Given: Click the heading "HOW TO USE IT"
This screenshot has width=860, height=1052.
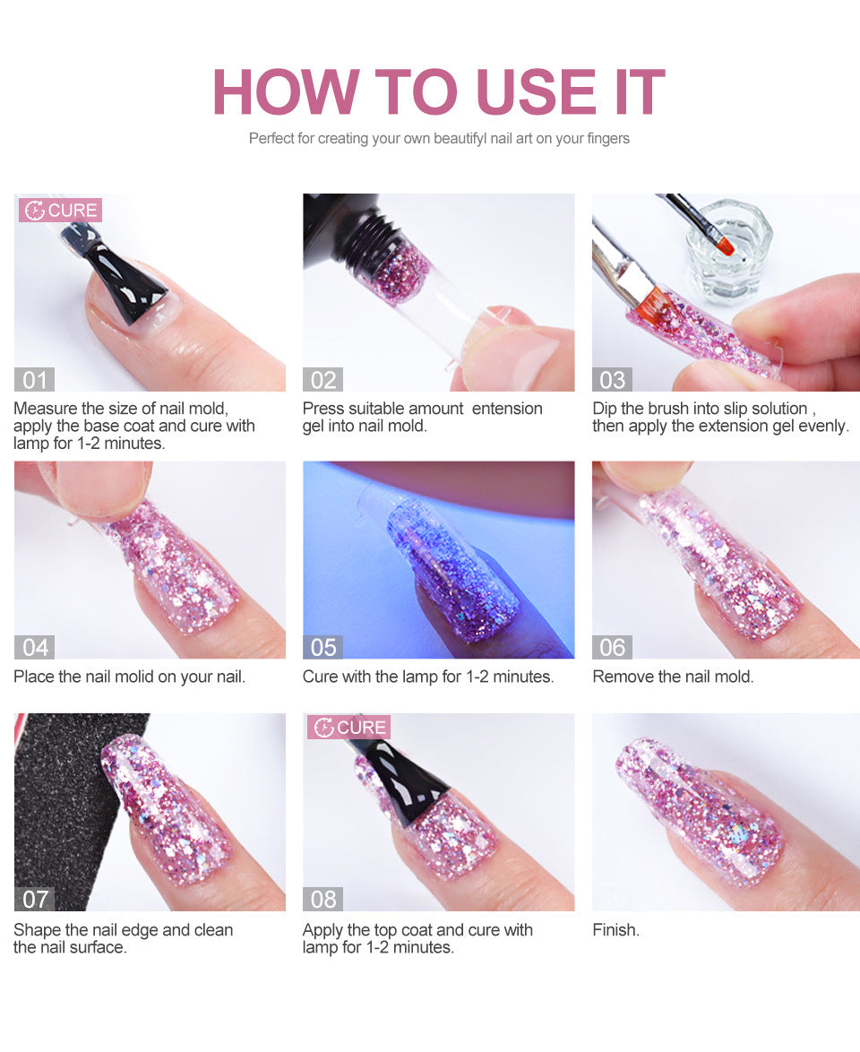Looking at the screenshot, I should tap(438, 91).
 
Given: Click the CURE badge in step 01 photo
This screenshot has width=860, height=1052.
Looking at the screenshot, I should tap(61, 211).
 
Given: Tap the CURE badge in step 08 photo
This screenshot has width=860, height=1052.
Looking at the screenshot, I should tap(349, 727).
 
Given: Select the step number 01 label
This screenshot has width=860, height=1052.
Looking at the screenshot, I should tap(34, 380).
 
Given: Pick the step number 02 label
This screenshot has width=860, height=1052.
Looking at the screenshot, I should tap(322, 380).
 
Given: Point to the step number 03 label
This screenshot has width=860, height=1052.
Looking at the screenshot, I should tap(612, 380).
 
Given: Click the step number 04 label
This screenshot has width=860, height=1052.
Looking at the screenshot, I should tap(34, 647).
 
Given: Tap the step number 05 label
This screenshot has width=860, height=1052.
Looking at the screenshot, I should tap(322, 647).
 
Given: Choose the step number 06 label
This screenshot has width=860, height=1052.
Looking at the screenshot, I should tap(612, 647).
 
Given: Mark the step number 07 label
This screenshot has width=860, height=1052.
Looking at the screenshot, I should tap(34, 899).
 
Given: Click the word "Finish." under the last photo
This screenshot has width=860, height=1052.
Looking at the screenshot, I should tap(616, 930).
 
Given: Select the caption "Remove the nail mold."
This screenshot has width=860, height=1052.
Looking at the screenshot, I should tap(673, 677).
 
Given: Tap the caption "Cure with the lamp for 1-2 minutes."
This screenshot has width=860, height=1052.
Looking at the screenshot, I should tap(428, 677).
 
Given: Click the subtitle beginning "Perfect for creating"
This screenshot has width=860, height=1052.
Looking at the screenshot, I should tap(439, 139).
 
